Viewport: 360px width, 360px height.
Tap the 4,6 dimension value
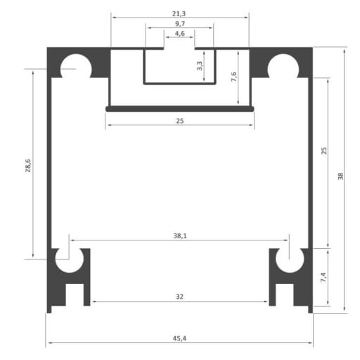[x=180, y=33]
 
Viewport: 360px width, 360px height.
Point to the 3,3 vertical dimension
[x=200, y=66]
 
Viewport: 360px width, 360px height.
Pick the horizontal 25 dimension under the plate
[x=180, y=121]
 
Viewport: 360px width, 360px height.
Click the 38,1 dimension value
[x=180, y=236]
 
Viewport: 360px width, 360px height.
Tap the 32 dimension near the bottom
[x=180, y=297]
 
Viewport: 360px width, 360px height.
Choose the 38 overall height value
[x=340, y=177]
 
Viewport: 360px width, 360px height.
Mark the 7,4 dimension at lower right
[x=323, y=277]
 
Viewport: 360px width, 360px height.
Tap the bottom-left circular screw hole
[x=70, y=259]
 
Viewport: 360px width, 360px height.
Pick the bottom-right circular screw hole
[x=288, y=259]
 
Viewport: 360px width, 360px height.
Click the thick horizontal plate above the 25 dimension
[x=180, y=109]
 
